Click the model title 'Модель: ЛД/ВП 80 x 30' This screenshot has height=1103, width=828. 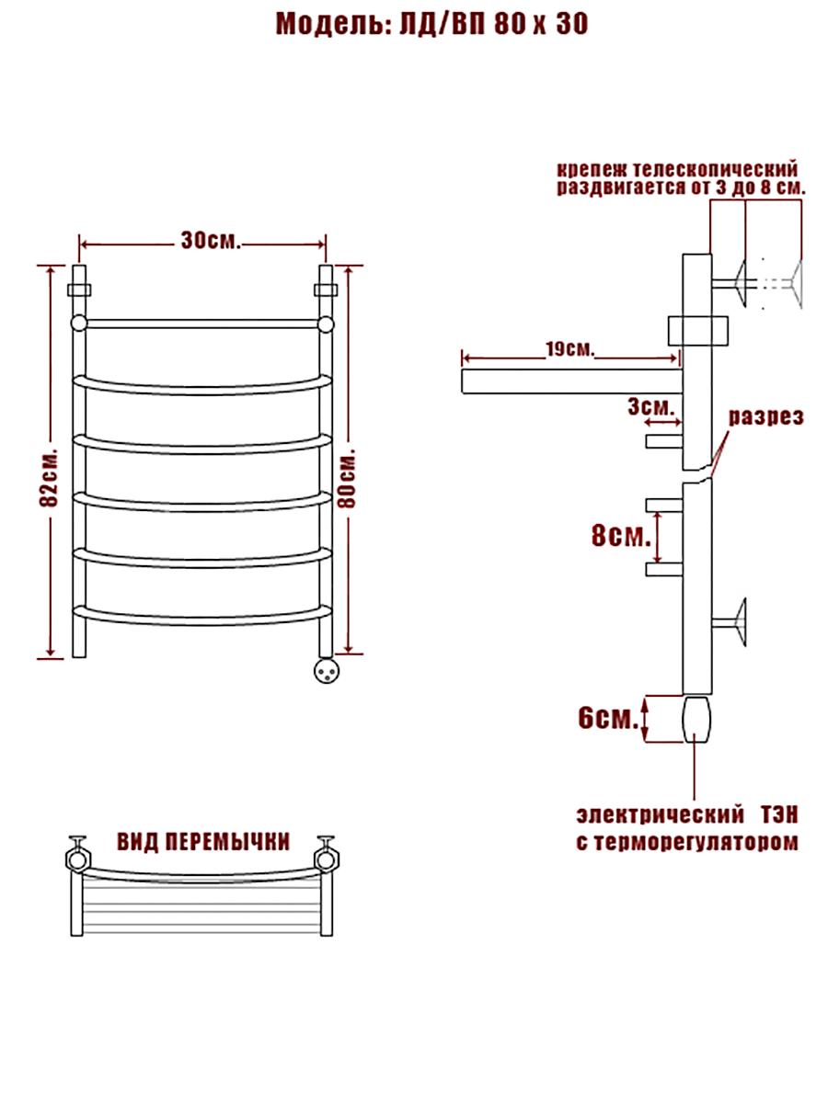coord(431,24)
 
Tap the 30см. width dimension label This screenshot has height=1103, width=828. coord(212,241)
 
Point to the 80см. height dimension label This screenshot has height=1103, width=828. coord(347,476)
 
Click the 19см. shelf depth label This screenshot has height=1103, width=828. coord(569,348)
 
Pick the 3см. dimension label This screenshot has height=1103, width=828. coord(650,406)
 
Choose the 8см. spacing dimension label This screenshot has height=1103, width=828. coord(621,536)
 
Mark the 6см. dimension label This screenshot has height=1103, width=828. coord(608,719)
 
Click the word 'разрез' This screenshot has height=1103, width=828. coord(766,417)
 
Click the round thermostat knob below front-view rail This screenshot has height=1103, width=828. coord(326,671)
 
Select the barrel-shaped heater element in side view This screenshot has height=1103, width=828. coord(696,719)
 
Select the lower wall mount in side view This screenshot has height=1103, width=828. coord(729,623)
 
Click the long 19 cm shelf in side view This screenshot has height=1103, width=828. coord(572,381)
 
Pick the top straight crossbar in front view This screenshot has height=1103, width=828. coord(202,324)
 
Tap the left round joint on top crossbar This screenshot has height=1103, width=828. coord(79,324)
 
